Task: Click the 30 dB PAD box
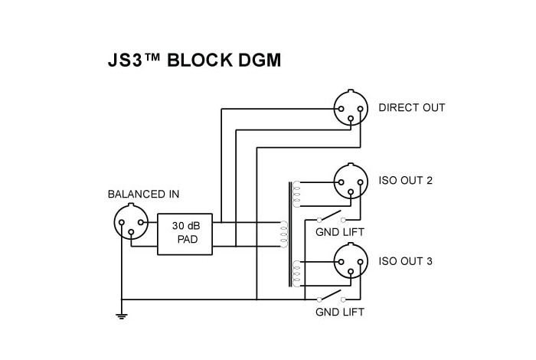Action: [x=185, y=234]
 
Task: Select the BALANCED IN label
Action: [x=143, y=195]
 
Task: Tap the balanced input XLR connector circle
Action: [x=129, y=225]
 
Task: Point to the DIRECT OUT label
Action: [x=411, y=108]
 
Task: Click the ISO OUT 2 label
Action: [x=405, y=181]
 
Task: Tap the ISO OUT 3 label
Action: [x=405, y=261]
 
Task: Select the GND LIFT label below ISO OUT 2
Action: [x=340, y=231]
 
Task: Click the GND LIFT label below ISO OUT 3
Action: [x=340, y=312]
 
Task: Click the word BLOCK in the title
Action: [x=201, y=61]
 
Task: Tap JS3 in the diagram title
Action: [x=126, y=61]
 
